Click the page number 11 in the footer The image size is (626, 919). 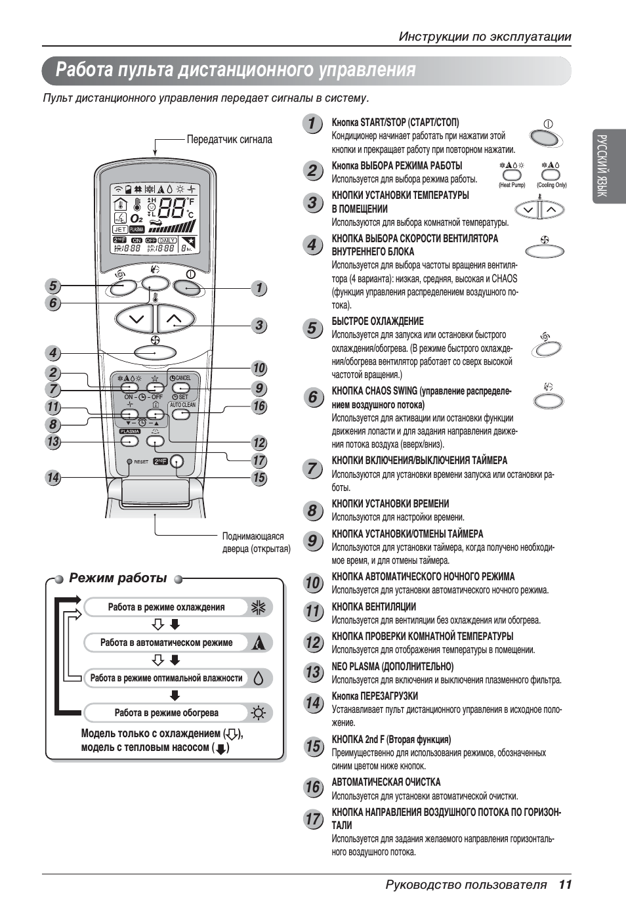point(566,884)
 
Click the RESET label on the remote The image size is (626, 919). point(141,461)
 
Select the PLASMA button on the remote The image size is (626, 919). point(130,441)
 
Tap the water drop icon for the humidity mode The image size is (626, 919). point(259,678)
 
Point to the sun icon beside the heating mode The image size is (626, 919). point(259,713)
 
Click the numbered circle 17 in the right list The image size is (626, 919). point(314,819)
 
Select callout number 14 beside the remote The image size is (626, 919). point(53,478)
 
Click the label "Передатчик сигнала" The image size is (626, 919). point(229,139)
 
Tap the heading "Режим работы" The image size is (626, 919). point(118,578)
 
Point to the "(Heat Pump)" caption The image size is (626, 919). point(512,185)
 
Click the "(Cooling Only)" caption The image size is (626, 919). point(551,185)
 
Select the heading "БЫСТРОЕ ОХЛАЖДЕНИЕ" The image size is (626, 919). point(377,321)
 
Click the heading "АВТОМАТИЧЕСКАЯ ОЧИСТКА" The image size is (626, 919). point(386,782)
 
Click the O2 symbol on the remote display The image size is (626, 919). point(136,218)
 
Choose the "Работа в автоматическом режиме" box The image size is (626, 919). point(166,643)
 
